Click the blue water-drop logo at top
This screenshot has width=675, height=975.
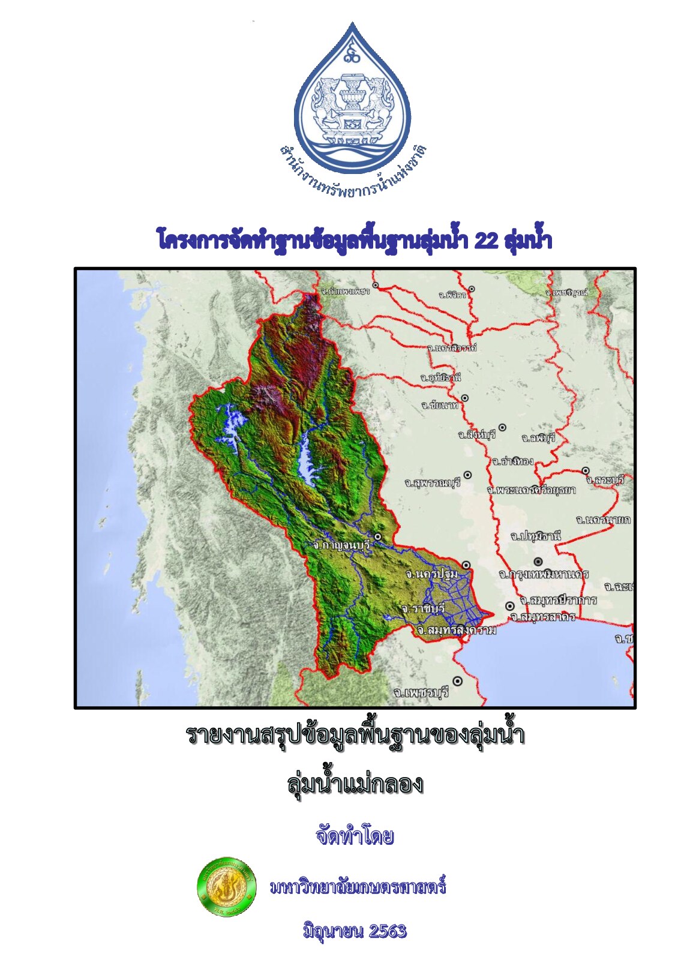pyautogui.click(x=352, y=96)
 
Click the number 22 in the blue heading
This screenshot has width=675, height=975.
pyautogui.click(x=485, y=241)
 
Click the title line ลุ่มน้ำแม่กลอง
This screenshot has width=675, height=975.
pyautogui.click(x=355, y=784)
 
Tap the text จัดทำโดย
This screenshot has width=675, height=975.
pyautogui.click(x=355, y=836)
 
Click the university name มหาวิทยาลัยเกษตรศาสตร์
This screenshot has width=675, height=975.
pyautogui.click(x=358, y=887)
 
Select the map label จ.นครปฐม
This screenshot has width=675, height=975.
pyautogui.click(x=432, y=574)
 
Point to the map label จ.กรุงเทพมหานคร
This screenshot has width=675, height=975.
pyautogui.click(x=543, y=574)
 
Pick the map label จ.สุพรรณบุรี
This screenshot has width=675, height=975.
pyautogui.click(x=432, y=483)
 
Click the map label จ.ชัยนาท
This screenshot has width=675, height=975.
pyautogui.click(x=440, y=406)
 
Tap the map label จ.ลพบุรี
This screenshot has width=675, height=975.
pyautogui.click(x=539, y=438)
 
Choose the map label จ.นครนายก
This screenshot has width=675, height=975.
pyautogui.click(x=603, y=520)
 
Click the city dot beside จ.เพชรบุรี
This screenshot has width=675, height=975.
pyautogui.click(x=458, y=681)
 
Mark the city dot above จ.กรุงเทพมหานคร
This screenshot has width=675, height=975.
pyautogui.click(x=538, y=562)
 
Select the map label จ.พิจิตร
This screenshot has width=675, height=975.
pyautogui.click(x=452, y=295)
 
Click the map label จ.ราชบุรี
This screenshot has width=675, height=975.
pyautogui.click(x=424, y=608)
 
